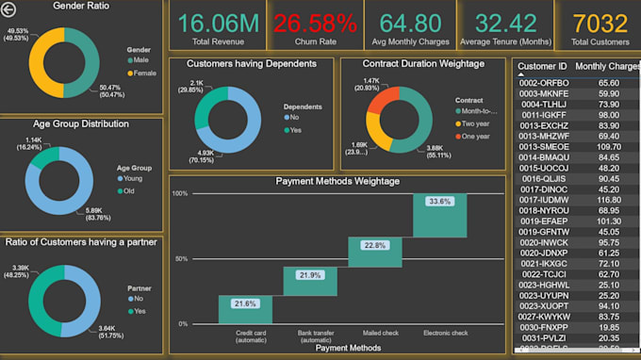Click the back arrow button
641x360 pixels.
[9, 9]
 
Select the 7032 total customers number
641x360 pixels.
[600, 23]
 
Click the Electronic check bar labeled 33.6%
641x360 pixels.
[439, 215]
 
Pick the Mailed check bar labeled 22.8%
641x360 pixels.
[375, 252]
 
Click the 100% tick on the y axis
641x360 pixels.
[178, 193]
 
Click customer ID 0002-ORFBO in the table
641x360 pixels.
[544, 83]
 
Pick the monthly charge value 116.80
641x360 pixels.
[609, 200]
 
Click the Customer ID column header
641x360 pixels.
[543, 67]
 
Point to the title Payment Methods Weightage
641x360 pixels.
[337, 181]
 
